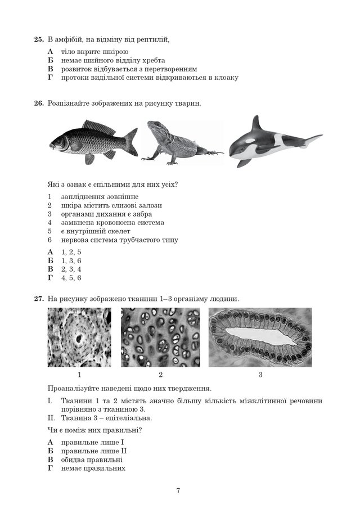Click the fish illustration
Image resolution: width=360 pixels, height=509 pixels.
click(x=93, y=141)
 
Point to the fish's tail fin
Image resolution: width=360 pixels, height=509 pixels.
click(x=131, y=141)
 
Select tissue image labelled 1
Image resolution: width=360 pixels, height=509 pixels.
click(x=79, y=337)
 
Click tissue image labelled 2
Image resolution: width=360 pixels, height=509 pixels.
click(x=160, y=337)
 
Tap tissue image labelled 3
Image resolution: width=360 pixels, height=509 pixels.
click(x=260, y=337)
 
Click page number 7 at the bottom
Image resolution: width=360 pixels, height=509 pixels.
click(x=178, y=490)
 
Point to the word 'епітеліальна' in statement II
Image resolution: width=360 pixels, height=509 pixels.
click(x=127, y=418)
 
